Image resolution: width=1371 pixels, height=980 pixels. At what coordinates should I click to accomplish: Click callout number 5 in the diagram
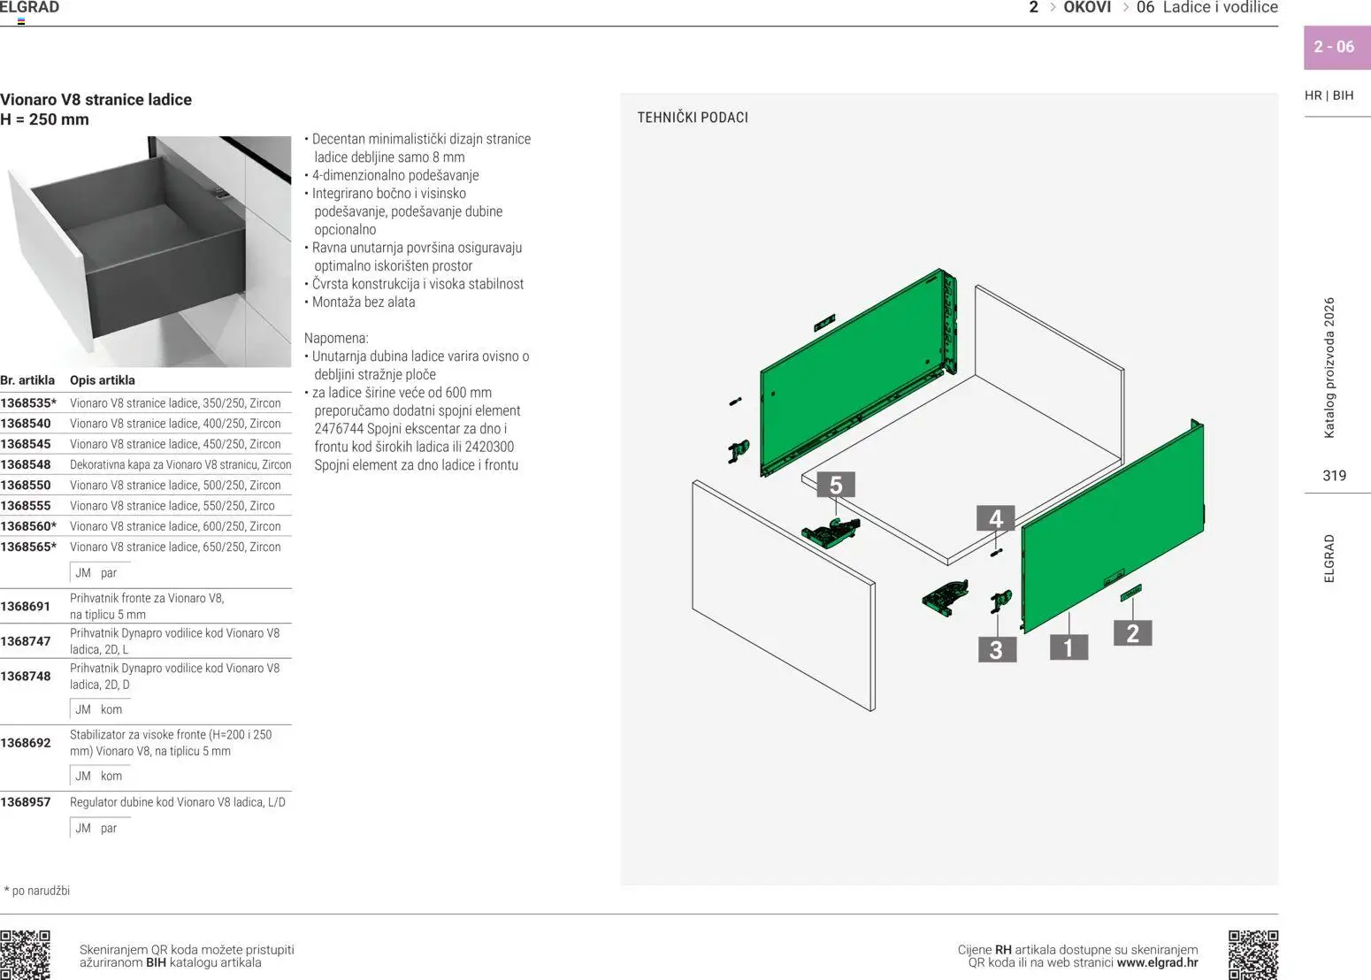(836, 485)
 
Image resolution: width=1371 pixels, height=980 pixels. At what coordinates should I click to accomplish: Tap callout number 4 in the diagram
(996, 518)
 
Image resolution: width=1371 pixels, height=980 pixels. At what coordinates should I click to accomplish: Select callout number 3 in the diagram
(997, 649)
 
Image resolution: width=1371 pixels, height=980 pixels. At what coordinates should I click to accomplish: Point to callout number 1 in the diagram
(1068, 647)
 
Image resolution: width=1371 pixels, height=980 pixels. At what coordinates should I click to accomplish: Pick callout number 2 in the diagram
(1133, 633)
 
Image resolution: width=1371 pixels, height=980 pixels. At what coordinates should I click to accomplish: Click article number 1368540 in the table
(26, 424)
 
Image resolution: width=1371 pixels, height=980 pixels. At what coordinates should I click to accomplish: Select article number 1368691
(26, 606)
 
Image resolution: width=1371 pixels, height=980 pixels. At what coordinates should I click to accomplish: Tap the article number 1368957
(26, 802)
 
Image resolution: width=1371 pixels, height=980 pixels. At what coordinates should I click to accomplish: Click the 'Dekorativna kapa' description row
(180, 464)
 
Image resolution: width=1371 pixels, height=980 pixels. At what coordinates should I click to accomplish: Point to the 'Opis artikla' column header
(103, 380)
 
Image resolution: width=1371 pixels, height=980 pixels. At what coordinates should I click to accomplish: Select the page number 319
(1334, 476)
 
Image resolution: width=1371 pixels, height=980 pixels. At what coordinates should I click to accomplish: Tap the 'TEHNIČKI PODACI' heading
(693, 118)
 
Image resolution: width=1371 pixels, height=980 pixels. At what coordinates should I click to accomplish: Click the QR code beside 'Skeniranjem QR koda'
(25, 955)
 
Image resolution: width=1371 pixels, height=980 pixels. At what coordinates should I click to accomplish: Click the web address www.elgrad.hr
(1158, 962)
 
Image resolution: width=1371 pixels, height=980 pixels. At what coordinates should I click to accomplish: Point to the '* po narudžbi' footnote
(37, 891)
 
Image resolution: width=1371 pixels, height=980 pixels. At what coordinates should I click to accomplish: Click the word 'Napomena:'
(337, 338)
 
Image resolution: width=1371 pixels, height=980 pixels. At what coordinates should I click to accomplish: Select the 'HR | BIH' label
(1329, 96)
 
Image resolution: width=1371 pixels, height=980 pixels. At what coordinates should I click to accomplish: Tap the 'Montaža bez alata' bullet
(360, 302)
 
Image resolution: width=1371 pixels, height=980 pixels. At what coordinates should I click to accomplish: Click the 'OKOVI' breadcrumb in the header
(1087, 7)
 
